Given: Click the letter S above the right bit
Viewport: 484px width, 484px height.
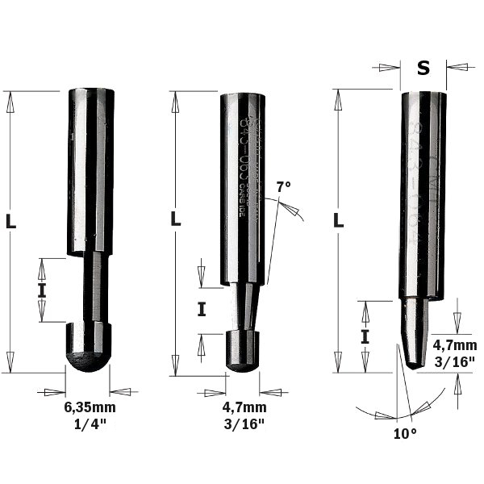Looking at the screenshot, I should [423, 68].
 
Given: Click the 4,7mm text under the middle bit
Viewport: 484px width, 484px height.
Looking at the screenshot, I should [244, 407].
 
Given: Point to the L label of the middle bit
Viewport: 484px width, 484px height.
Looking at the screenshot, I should [176, 218].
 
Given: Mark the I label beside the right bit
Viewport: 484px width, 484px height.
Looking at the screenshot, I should [365, 335].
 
